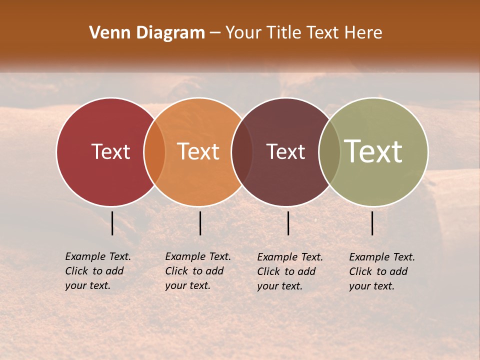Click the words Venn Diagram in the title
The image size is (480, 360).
coord(146,33)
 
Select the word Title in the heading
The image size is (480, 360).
coord(285,33)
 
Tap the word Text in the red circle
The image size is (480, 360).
coord(110,151)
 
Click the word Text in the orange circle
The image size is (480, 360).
coord(198,151)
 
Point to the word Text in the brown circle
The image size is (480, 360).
coord(285,151)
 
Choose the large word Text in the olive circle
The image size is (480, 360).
coord(373,151)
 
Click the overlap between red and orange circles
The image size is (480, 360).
coord(154,151)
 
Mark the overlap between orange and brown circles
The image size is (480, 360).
coord(242,151)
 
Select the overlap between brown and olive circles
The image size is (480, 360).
coord(329,151)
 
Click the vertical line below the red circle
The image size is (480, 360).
coord(112,223)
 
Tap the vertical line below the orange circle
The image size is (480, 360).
coord(200,223)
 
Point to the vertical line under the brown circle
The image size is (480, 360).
coord(288,223)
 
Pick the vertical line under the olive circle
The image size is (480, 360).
coord(372,223)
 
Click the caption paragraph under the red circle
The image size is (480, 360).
coord(98,271)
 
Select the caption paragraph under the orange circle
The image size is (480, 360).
coord(198,271)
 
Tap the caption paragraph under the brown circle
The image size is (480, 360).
coord(290,271)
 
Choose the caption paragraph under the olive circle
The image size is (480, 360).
coord(382,271)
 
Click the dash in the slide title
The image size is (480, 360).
coord(215,33)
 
